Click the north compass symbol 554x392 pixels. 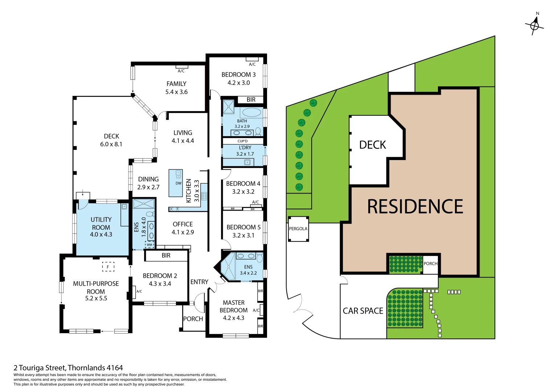534,25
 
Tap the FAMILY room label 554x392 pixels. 176,84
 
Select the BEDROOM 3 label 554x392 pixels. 238,74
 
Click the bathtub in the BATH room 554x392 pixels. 251,112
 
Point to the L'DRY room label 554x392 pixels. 245,148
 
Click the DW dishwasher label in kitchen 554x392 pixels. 178,183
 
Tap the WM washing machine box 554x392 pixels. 149,245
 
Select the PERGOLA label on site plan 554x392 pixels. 298,229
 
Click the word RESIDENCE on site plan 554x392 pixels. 415,207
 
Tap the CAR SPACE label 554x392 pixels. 363,311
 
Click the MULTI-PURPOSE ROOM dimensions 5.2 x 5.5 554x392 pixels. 96,298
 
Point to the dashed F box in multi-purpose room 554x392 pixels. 108,267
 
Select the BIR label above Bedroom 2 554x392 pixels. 166,256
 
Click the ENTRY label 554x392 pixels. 199,282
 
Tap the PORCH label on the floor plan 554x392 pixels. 193,319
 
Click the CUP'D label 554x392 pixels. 242,141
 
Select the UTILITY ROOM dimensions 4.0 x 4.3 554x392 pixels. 101,234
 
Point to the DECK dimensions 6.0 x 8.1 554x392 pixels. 111,144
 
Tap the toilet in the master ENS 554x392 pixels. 259,258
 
